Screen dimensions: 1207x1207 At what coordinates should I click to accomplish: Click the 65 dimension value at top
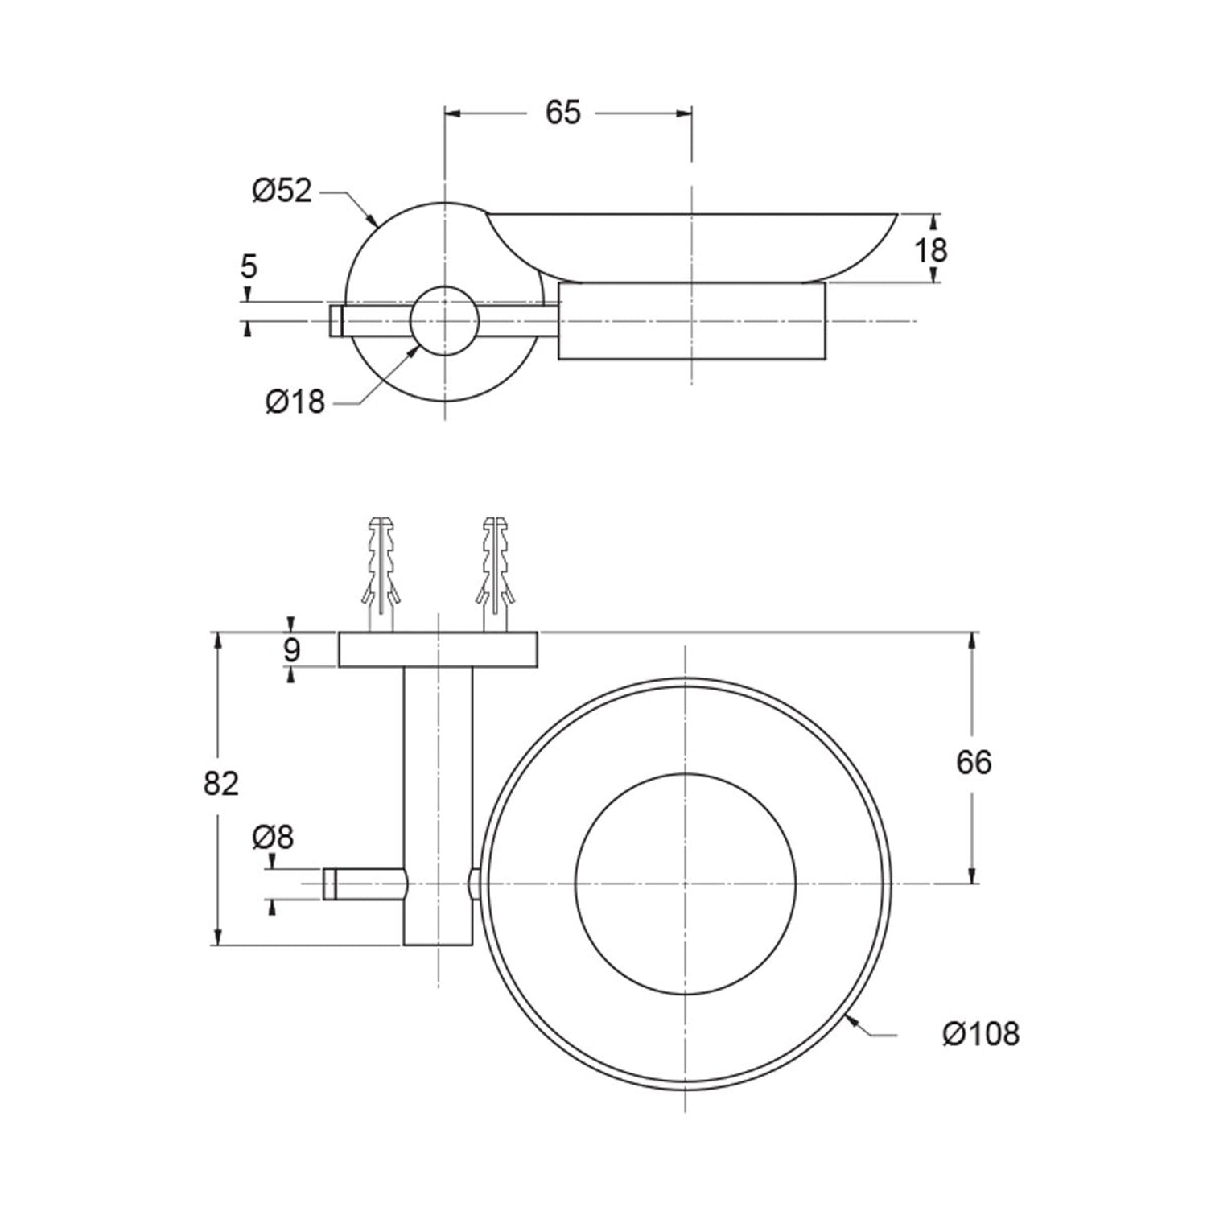click(562, 113)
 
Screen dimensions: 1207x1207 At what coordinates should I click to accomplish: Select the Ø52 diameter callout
click(282, 192)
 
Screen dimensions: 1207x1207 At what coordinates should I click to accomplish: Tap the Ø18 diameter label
click(295, 401)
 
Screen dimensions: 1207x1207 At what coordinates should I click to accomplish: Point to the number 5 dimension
click(249, 266)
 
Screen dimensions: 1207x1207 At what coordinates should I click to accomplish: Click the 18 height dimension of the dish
click(931, 250)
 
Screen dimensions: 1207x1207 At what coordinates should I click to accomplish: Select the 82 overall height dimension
click(220, 782)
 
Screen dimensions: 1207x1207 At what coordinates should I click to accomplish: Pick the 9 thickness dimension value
click(291, 649)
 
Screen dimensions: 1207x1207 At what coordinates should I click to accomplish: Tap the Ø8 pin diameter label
click(273, 838)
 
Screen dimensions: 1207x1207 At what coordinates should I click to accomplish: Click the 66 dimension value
click(974, 762)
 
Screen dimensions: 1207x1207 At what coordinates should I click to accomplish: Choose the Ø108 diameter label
click(981, 1034)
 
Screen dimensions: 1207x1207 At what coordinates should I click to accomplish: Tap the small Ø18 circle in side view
click(444, 321)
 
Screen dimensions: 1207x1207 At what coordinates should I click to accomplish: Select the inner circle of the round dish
click(686, 884)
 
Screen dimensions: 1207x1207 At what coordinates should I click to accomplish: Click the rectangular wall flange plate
click(438, 650)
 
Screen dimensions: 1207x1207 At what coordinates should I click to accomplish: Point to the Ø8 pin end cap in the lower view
click(329, 884)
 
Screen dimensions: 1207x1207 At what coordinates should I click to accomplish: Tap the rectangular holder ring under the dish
click(692, 321)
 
